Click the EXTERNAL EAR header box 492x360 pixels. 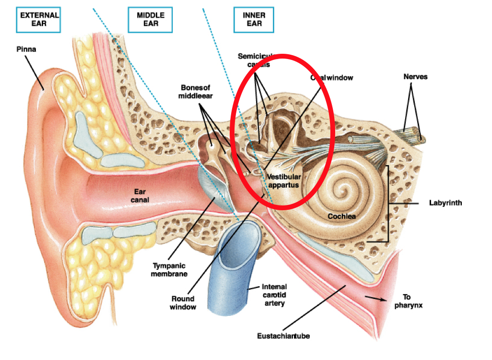(x=39, y=19)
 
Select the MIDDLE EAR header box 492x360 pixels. (x=151, y=19)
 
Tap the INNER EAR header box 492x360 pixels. (x=254, y=19)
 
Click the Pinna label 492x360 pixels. (x=26, y=49)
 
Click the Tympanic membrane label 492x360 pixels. (x=169, y=269)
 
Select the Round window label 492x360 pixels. (x=183, y=302)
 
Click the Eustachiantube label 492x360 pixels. (x=282, y=336)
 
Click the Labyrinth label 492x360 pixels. (x=445, y=203)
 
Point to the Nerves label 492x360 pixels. (x=415, y=76)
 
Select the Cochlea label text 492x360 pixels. (x=342, y=216)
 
